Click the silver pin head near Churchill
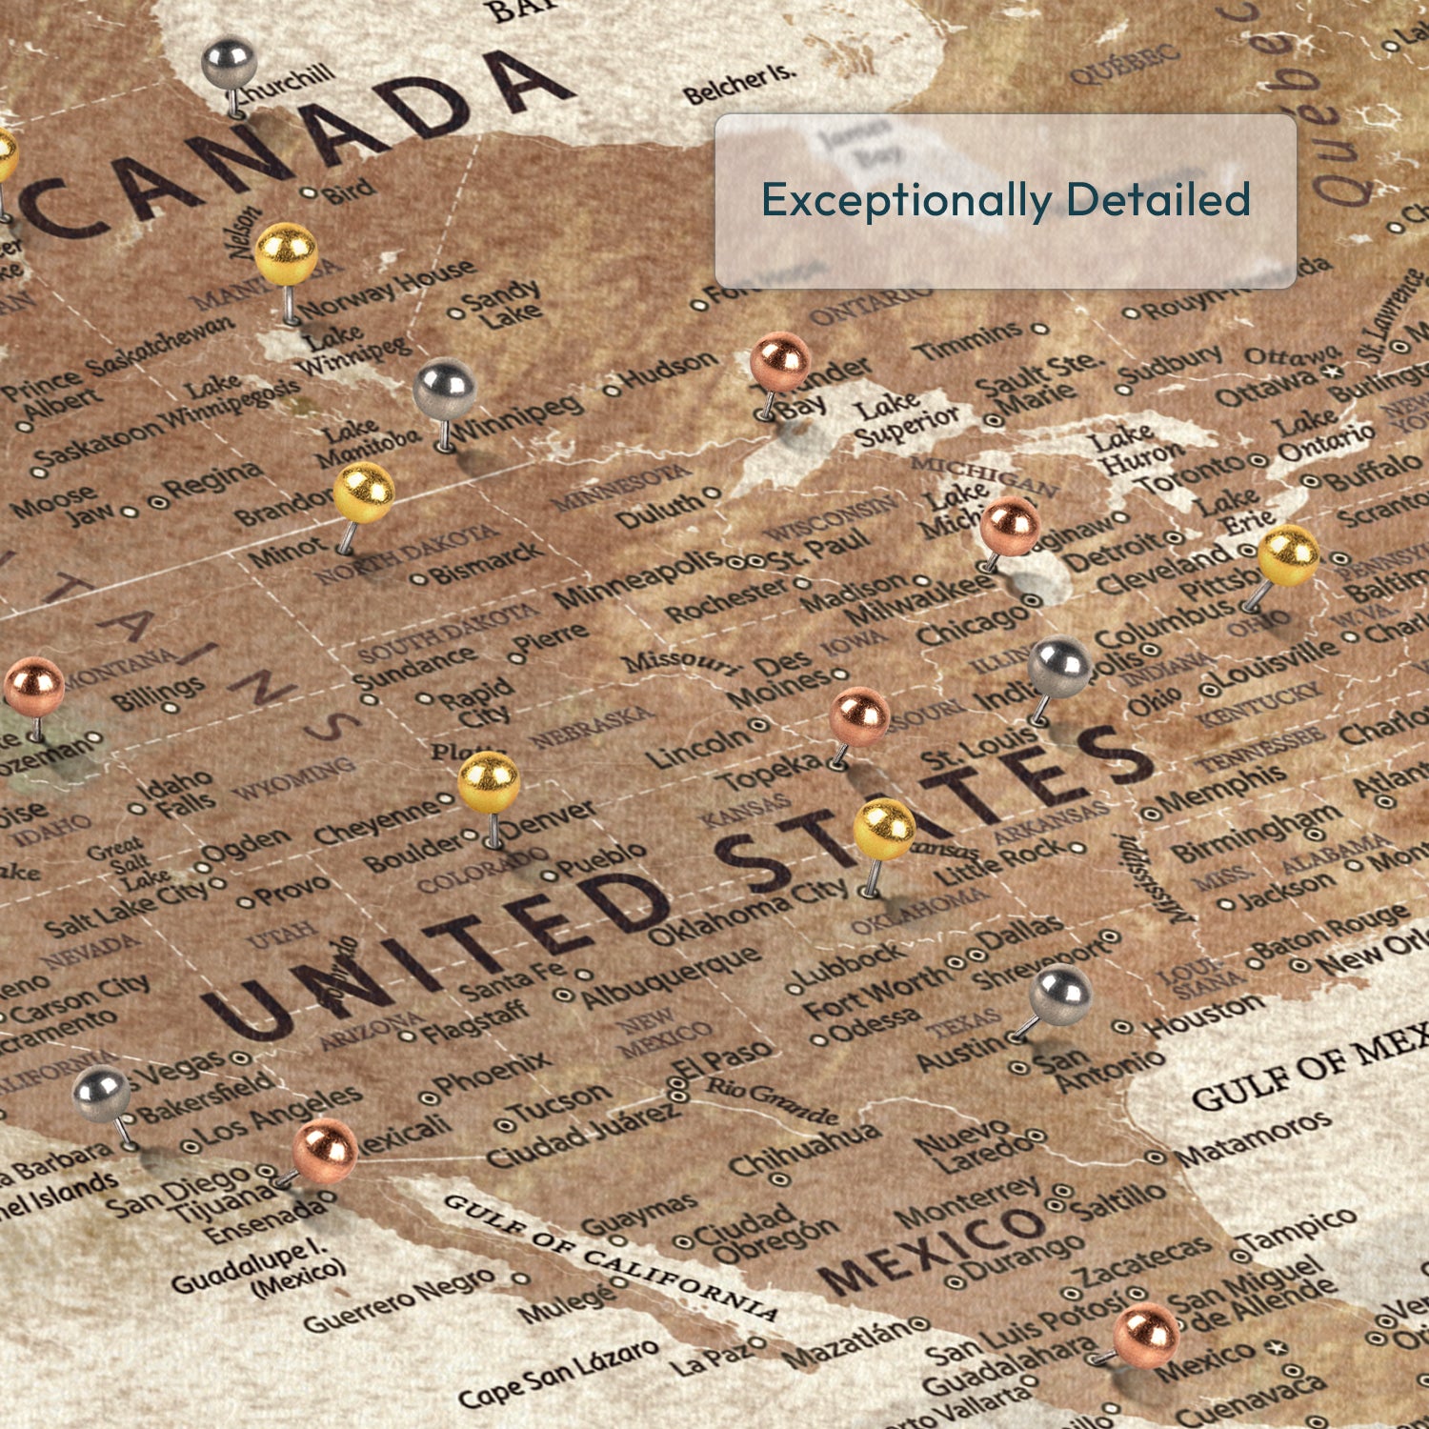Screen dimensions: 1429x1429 coord(229,62)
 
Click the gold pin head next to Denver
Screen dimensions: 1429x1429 coord(489,782)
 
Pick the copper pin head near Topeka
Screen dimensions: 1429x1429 coord(859,716)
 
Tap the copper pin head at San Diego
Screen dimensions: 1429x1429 coord(325,1150)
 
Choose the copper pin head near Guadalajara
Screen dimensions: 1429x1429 coord(1146,1335)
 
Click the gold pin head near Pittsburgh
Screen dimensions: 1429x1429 coord(1288,554)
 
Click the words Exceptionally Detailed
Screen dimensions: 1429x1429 coord(1005,200)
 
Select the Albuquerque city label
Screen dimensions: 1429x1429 coord(672,977)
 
